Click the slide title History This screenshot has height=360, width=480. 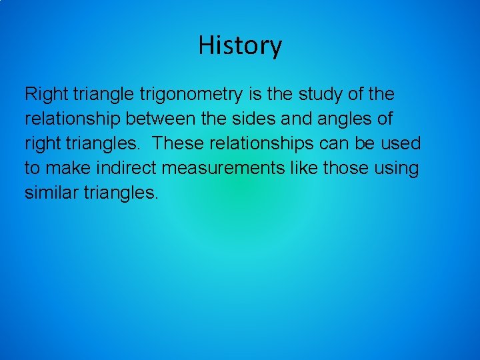(x=240, y=45)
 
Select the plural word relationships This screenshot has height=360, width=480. (x=262, y=143)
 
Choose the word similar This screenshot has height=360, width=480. (x=50, y=193)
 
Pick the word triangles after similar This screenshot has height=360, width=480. (x=121, y=193)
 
